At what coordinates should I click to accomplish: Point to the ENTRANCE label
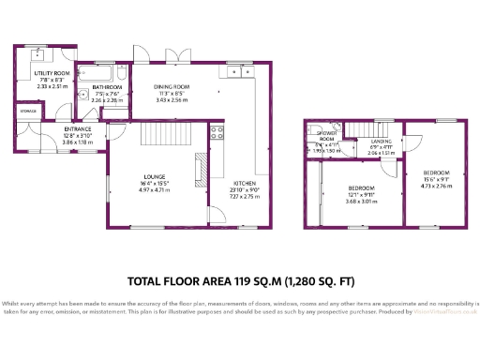[x=78, y=129]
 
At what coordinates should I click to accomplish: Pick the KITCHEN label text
[x=243, y=183]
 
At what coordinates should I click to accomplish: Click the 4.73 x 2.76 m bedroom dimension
[x=437, y=186]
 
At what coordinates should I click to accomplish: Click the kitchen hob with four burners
[x=217, y=132]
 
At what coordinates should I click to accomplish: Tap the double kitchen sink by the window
[x=239, y=68]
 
